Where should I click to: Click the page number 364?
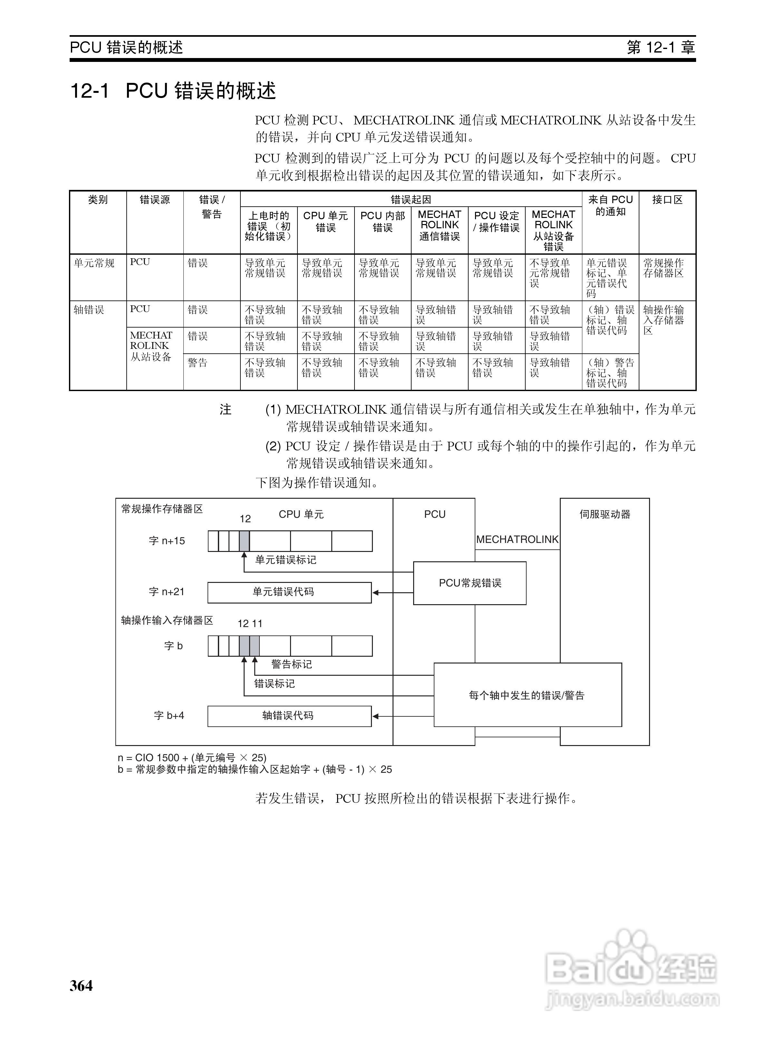81,985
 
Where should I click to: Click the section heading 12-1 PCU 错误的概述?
173,91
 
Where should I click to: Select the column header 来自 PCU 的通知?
610,205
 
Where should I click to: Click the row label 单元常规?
94,263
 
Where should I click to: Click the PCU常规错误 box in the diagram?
470,583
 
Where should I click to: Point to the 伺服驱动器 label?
605,515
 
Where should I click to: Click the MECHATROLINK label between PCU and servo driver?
517,540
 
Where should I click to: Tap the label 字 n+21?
167,592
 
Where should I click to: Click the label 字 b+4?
169,715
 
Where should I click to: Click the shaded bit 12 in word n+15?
244,541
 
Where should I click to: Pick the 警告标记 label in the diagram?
292,664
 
